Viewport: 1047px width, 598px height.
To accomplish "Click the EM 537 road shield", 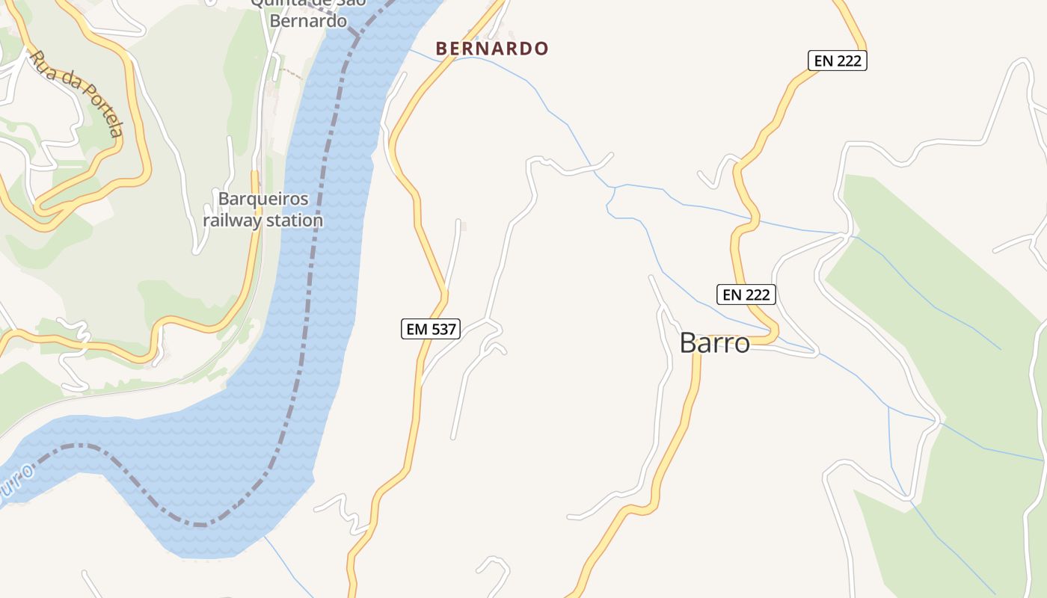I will (430, 329).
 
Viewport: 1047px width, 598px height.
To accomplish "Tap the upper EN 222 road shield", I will (838, 61).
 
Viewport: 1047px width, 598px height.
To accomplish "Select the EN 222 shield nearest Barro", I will (746, 295).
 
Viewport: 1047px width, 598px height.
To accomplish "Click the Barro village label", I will (714, 343).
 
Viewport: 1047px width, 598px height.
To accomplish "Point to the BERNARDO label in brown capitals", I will (492, 49).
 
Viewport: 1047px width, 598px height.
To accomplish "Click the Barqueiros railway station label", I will (263, 210).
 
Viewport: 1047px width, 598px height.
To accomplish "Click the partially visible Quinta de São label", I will (308, 3).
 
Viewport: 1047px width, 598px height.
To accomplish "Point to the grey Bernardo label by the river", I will (308, 21).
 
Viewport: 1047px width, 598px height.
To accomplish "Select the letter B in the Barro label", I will (690, 343).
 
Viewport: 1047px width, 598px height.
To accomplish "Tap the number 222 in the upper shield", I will (848, 61).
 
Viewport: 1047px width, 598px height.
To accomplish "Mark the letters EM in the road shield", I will (417, 329).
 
